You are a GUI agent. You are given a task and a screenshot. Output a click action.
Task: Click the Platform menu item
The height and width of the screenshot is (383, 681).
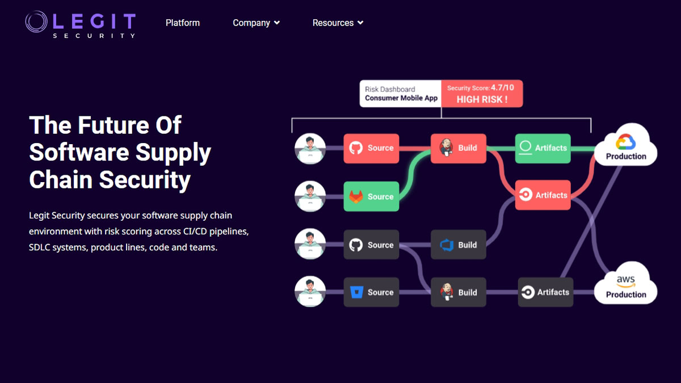click(x=182, y=23)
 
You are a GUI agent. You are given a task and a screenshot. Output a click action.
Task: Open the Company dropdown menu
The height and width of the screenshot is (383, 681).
click(x=256, y=23)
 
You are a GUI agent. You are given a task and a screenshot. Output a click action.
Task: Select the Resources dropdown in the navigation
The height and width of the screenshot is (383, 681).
click(x=338, y=23)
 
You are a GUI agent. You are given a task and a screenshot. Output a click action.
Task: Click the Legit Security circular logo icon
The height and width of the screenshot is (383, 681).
click(x=36, y=22)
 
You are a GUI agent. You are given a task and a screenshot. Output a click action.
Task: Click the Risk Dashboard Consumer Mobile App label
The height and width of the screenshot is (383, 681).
click(x=401, y=94)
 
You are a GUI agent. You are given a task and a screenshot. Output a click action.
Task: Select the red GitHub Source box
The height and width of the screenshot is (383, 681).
click(x=371, y=148)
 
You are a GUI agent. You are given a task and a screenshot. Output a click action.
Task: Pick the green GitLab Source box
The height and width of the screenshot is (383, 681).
click(x=371, y=196)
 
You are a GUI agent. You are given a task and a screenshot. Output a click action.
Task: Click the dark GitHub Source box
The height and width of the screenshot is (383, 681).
click(x=371, y=245)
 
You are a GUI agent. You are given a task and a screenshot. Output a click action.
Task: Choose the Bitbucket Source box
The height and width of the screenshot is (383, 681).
click(x=371, y=292)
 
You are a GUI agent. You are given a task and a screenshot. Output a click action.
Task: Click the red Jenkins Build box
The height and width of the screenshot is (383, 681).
click(x=458, y=148)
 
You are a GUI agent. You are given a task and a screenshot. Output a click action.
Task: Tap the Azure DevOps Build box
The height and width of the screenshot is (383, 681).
click(x=458, y=245)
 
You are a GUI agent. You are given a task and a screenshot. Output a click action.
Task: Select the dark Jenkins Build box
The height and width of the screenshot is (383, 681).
click(x=458, y=292)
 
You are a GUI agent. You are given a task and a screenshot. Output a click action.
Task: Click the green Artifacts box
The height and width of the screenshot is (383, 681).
click(x=543, y=148)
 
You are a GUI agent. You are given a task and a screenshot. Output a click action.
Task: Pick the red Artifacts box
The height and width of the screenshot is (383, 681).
click(x=543, y=195)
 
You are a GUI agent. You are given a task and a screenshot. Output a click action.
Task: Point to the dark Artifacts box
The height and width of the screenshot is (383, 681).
click(x=545, y=292)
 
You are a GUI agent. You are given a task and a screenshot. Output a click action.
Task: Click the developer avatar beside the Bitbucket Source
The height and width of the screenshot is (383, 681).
click(x=310, y=292)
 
